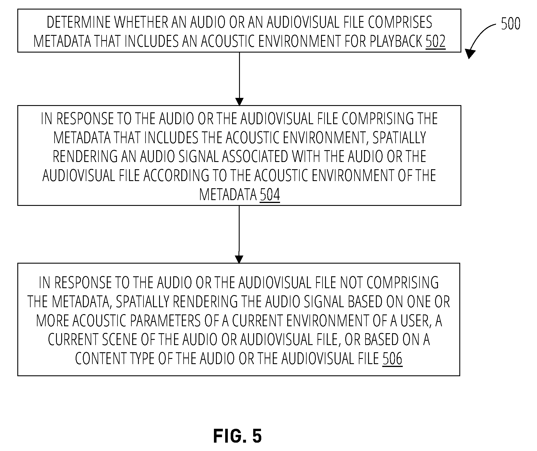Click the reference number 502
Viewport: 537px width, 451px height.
click(436, 41)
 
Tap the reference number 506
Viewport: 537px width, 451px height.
click(392, 359)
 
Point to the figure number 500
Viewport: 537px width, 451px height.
click(510, 24)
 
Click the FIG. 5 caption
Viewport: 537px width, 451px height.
click(237, 436)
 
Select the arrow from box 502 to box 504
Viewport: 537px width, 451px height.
click(239, 79)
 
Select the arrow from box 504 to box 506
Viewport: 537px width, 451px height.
click(239, 234)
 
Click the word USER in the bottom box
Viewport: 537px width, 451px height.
click(415, 320)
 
